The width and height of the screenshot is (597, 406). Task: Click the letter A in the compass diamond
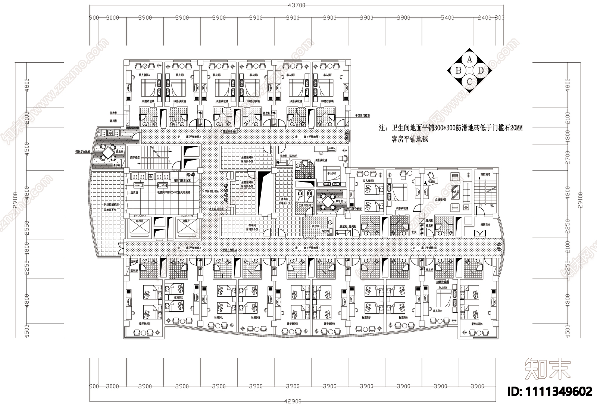coord(470,59)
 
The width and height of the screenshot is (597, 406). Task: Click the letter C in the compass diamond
coord(470,81)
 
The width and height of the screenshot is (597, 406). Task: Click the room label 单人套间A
coord(144,75)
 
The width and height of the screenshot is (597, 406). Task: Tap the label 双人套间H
coord(369,181)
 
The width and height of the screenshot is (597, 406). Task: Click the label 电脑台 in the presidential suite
coord(432,181)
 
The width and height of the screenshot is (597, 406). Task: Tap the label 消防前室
coord(485,225)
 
